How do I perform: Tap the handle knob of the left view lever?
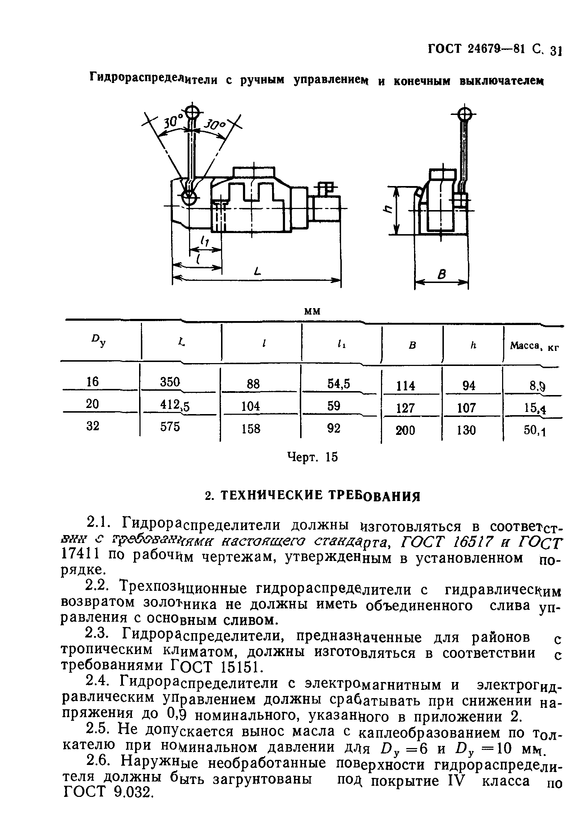192,112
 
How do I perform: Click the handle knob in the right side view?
465,115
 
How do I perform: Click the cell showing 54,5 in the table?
338,383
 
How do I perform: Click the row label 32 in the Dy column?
93,426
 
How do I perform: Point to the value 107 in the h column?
467,408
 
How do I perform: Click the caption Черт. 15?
312,457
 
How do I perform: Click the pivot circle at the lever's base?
189,198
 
